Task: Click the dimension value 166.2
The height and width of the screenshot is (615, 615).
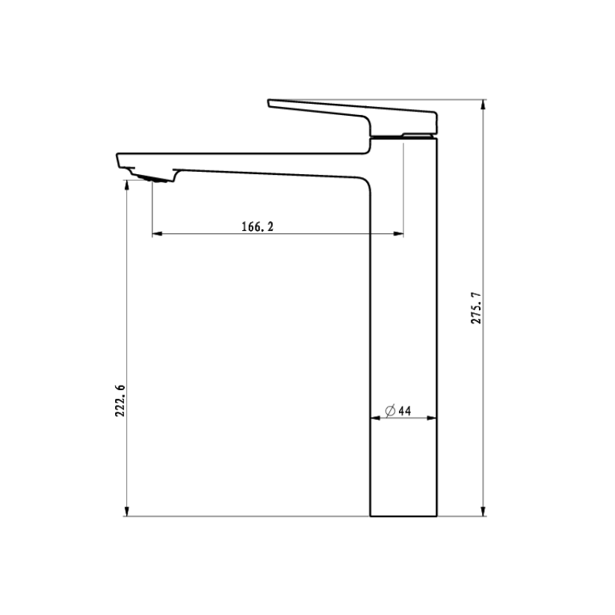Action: point(257,226)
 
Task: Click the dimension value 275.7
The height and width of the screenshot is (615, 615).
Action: point(476,308)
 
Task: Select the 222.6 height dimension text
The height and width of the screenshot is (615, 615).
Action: point(120,401)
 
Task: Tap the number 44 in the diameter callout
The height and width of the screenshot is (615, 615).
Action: point(405,411)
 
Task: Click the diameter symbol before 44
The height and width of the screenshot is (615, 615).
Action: point(390,411)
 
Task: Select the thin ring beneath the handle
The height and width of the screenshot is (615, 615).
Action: point(404,136)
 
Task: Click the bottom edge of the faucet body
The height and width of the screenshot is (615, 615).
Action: point(404,516)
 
